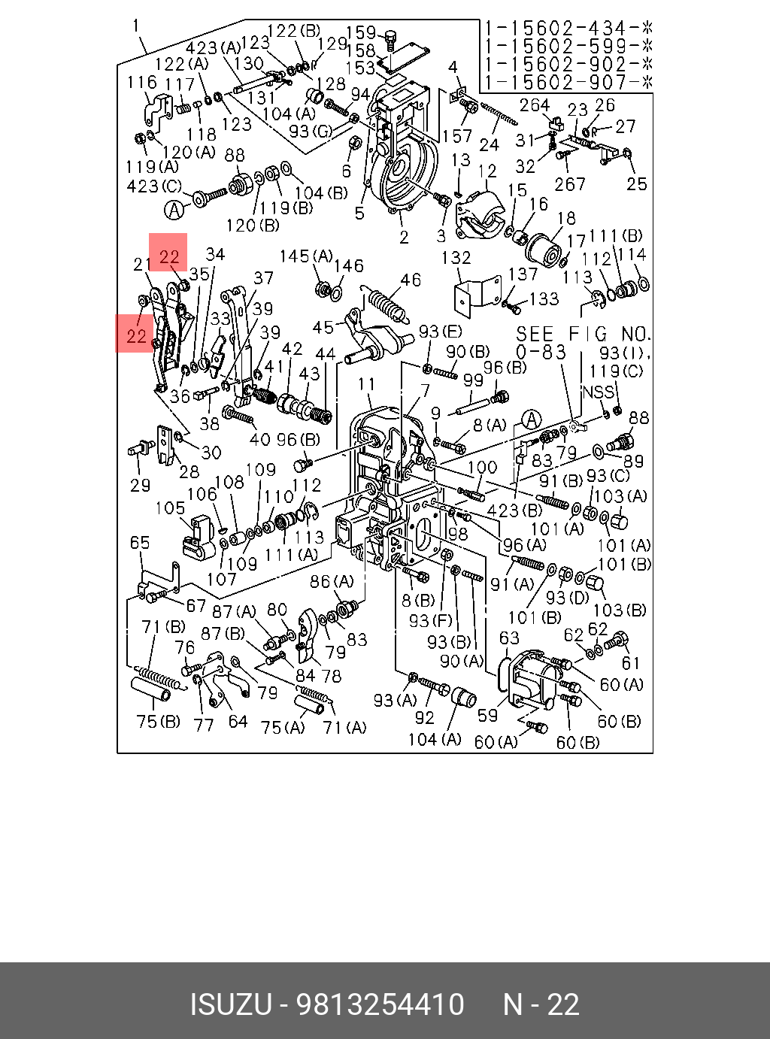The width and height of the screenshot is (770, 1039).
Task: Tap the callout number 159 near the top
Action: pyautogui.click(x=361, y=32)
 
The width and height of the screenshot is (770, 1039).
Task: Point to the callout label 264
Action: pyautogui.click(x=535, y=105)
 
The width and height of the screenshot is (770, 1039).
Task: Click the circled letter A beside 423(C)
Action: pyautogui.click(x=174, y=210)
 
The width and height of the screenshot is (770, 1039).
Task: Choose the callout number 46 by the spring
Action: pyautogui.click(x=411, y=280)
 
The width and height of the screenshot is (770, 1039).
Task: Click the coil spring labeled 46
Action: pyautogui.click(x=388, y=305)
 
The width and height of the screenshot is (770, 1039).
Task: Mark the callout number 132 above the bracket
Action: pyautogui.click(x=456, y=258)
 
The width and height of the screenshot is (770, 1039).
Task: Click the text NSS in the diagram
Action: pyautogui.click(x=598, y=392)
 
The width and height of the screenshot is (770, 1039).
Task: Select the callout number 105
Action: pyautogui.click(x=171, y=507)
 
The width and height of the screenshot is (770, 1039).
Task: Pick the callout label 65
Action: pyautogui.click(x=140, y=543)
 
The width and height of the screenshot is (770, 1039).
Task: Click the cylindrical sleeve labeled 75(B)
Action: pyautogui.click(x=150, y=689)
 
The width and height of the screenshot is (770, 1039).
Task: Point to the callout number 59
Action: pyautogui.click(x=487, y=715)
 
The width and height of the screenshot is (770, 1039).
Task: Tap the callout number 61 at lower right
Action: pyautogui.click(x=630, y=663)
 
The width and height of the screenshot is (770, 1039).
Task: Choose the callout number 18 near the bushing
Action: pyautogui.click(x=565, y=218)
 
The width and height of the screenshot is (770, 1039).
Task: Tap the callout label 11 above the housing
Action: pyautogui.click(x=366, y=384)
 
